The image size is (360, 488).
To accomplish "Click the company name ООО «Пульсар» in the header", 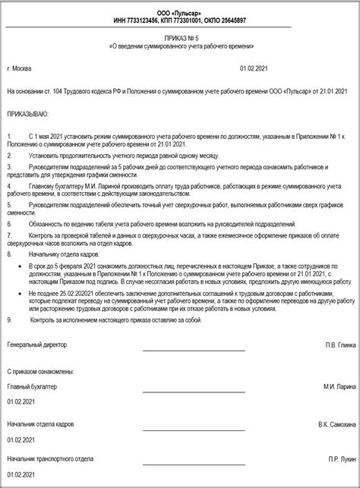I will point(179,8).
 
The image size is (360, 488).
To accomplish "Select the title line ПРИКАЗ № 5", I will point(179,37).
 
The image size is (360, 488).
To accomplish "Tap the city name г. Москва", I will point(19,68).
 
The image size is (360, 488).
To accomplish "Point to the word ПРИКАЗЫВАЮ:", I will point(27,113).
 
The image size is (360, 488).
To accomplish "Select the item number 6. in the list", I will point(9,225).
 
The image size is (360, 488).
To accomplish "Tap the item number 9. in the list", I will point(9,320).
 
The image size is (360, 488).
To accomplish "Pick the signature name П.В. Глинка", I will point(340,345).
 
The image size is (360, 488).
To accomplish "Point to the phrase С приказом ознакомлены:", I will point(40,371).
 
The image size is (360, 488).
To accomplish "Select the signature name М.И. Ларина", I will point(339,386).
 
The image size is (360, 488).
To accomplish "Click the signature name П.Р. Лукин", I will point(343,459).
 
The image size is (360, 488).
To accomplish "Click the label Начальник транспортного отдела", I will point(50,459).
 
